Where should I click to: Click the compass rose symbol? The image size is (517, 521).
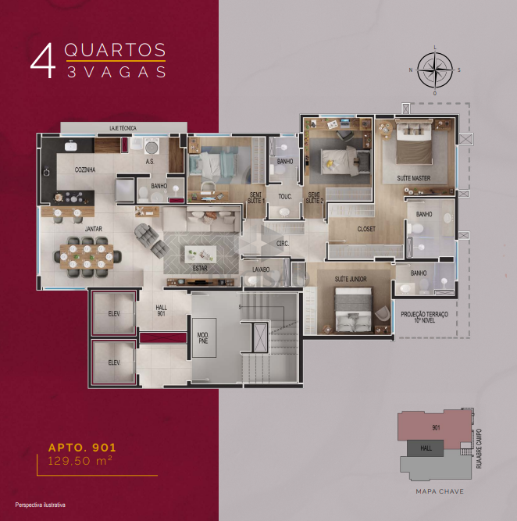[x=434, y=70]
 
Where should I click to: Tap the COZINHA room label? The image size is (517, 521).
[x=85, y=170]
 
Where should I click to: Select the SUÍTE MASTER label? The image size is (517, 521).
[x=414, y=178]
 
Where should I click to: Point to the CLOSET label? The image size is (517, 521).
[x=366, y=229]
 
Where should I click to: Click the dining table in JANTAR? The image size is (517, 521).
[x=87, y=256]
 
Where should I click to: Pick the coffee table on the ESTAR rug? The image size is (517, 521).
[x=201, y=254]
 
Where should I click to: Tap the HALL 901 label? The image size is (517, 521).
[x=161, y=310]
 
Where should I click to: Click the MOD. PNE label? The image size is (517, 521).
[x=203, y=338]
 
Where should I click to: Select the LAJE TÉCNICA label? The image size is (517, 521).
[x=123, y=128]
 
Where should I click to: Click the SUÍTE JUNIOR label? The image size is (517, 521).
[x=351, y=279]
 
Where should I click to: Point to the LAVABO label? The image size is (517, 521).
[x=261, y=269]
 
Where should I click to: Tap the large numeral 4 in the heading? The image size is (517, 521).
[x=42, y=61]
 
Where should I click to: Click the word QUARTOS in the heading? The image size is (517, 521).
[x=115, y=50]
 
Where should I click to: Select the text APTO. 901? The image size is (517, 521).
[x=82, y=448]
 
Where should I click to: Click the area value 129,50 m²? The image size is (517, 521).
[x=80, y=461]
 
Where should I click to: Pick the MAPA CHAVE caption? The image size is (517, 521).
[x=440, y=491]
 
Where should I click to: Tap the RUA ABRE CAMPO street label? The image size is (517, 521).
[x=479, y=448]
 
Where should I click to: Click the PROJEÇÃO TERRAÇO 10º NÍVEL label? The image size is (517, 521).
[x=424, y=317]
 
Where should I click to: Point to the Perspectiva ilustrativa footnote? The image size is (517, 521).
[x=40, y=505]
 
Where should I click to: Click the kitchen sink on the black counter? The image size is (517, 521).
[x=70, y=145]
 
